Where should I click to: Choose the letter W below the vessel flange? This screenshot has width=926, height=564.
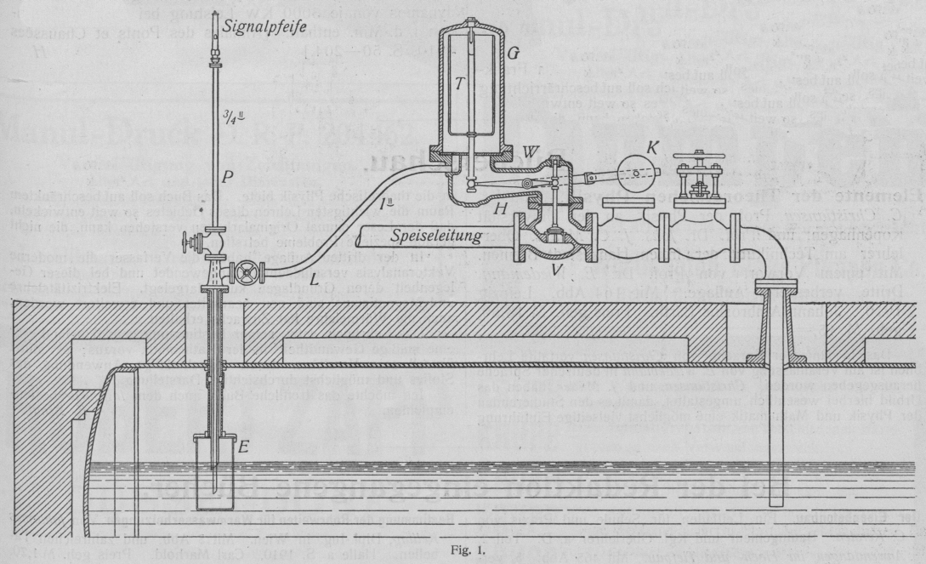[x=530, y=151]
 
